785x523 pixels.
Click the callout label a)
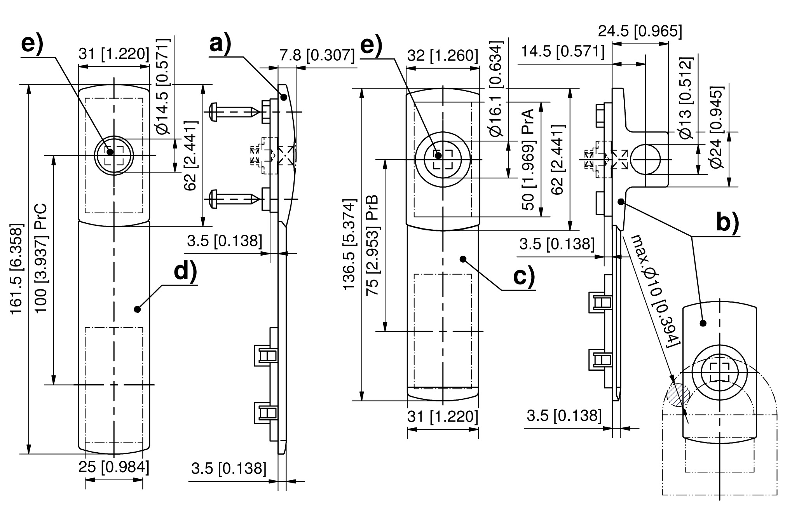coord(220,44)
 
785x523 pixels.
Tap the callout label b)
coord(728,223)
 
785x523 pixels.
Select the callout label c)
coord(524,277)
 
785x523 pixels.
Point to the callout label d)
coord(185,272)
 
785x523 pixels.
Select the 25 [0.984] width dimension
coord(114,467)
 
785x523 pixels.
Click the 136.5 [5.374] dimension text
coord(349,244)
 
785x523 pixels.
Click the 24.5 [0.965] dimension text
coord(640,31)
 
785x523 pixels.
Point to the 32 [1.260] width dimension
coord(443,56)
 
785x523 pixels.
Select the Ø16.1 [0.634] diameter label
coord(496,89)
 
